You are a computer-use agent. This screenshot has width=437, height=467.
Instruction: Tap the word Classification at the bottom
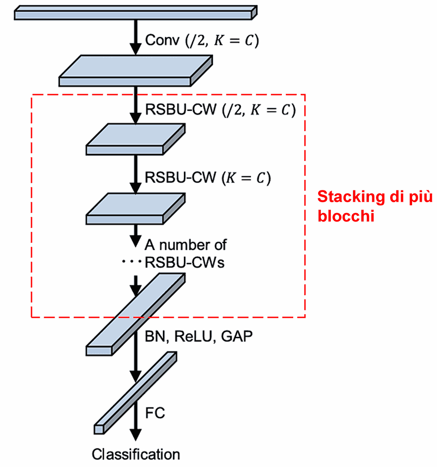coord(135,454)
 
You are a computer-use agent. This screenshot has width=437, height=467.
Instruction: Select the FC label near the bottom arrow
coord(155,413)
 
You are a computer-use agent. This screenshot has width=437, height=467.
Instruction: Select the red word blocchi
coord(346,216)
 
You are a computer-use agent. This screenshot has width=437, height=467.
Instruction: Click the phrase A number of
coord(186,244)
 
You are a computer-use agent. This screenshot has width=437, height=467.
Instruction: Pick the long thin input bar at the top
coord(135,12)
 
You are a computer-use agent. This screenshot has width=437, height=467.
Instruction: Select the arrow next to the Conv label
coord(136,37)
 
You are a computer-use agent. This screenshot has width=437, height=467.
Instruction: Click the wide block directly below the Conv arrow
coord(135,70)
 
